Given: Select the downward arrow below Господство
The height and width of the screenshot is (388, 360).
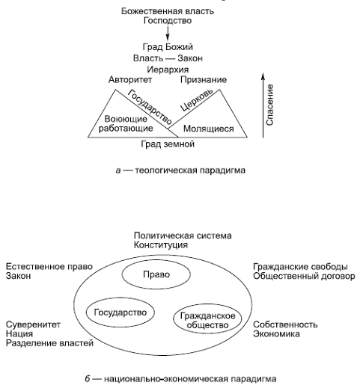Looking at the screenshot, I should pos(169,34).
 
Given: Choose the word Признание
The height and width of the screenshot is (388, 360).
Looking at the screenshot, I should pos(203,79).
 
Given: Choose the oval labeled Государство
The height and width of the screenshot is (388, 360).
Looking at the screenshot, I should pos(120,310).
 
